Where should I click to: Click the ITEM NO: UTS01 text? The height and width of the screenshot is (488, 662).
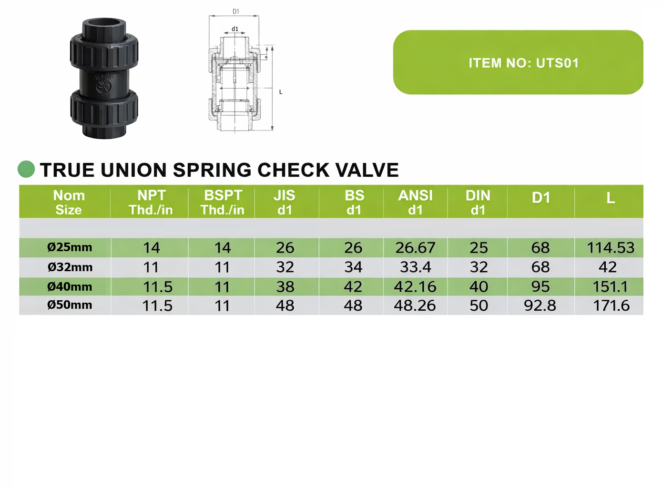coord(523,63)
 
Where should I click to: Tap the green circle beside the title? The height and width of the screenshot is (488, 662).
coord(26,169)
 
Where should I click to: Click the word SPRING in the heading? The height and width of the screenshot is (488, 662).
coord(212,170)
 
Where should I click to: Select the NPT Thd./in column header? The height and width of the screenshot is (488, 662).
coord(151,203)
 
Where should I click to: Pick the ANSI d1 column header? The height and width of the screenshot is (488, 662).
coord(415,203)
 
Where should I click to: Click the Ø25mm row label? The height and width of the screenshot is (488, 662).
coord(70,247)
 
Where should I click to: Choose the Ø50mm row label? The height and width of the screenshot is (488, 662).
coord(70,305)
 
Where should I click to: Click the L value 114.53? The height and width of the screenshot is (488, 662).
coord(611,247)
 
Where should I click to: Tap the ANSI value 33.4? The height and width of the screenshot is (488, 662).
coord(416,267)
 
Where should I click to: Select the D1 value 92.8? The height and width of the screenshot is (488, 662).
coord(540,305)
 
